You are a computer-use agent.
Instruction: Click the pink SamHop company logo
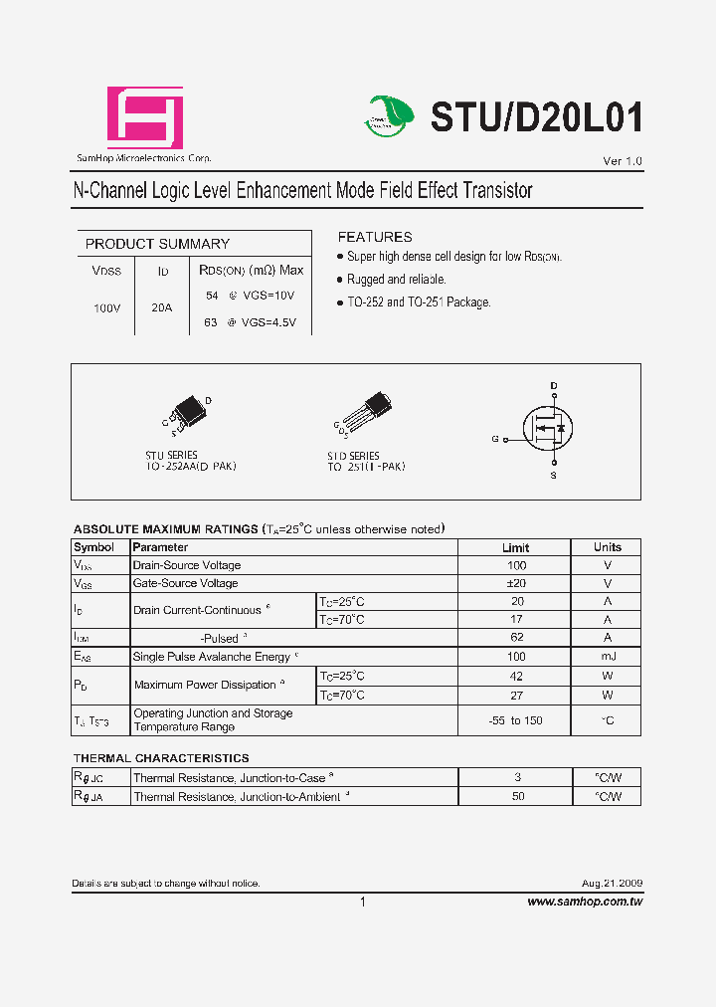tap(145, 117)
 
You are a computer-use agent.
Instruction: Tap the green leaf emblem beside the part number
tap(388, 115)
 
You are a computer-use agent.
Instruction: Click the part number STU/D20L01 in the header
tap(536, 118)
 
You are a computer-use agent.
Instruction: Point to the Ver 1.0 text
tap(623, 161)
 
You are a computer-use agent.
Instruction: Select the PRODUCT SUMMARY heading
tap(157, 244)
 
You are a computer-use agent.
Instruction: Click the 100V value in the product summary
tap(106, 308)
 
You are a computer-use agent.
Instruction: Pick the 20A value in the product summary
tap(162, 308)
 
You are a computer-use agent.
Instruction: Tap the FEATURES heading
tap(375, 237)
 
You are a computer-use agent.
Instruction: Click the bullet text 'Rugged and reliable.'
tap(396, 280)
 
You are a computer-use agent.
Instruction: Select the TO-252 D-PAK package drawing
tap(188, 414)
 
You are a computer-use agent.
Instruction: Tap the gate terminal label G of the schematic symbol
tap(494, 438)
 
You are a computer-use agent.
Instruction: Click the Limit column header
tap(515, 547)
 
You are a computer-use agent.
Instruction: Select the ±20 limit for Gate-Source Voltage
tap(515, 583)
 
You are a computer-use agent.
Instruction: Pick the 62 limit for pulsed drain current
tap(516, 637)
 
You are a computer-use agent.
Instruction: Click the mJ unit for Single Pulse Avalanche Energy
tap(607, 656)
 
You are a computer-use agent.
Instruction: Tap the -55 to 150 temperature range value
tap(515, 720)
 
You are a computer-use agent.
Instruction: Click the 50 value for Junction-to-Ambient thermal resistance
tap(517, 796)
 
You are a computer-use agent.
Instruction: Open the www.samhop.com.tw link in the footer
tap(584, 902)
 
